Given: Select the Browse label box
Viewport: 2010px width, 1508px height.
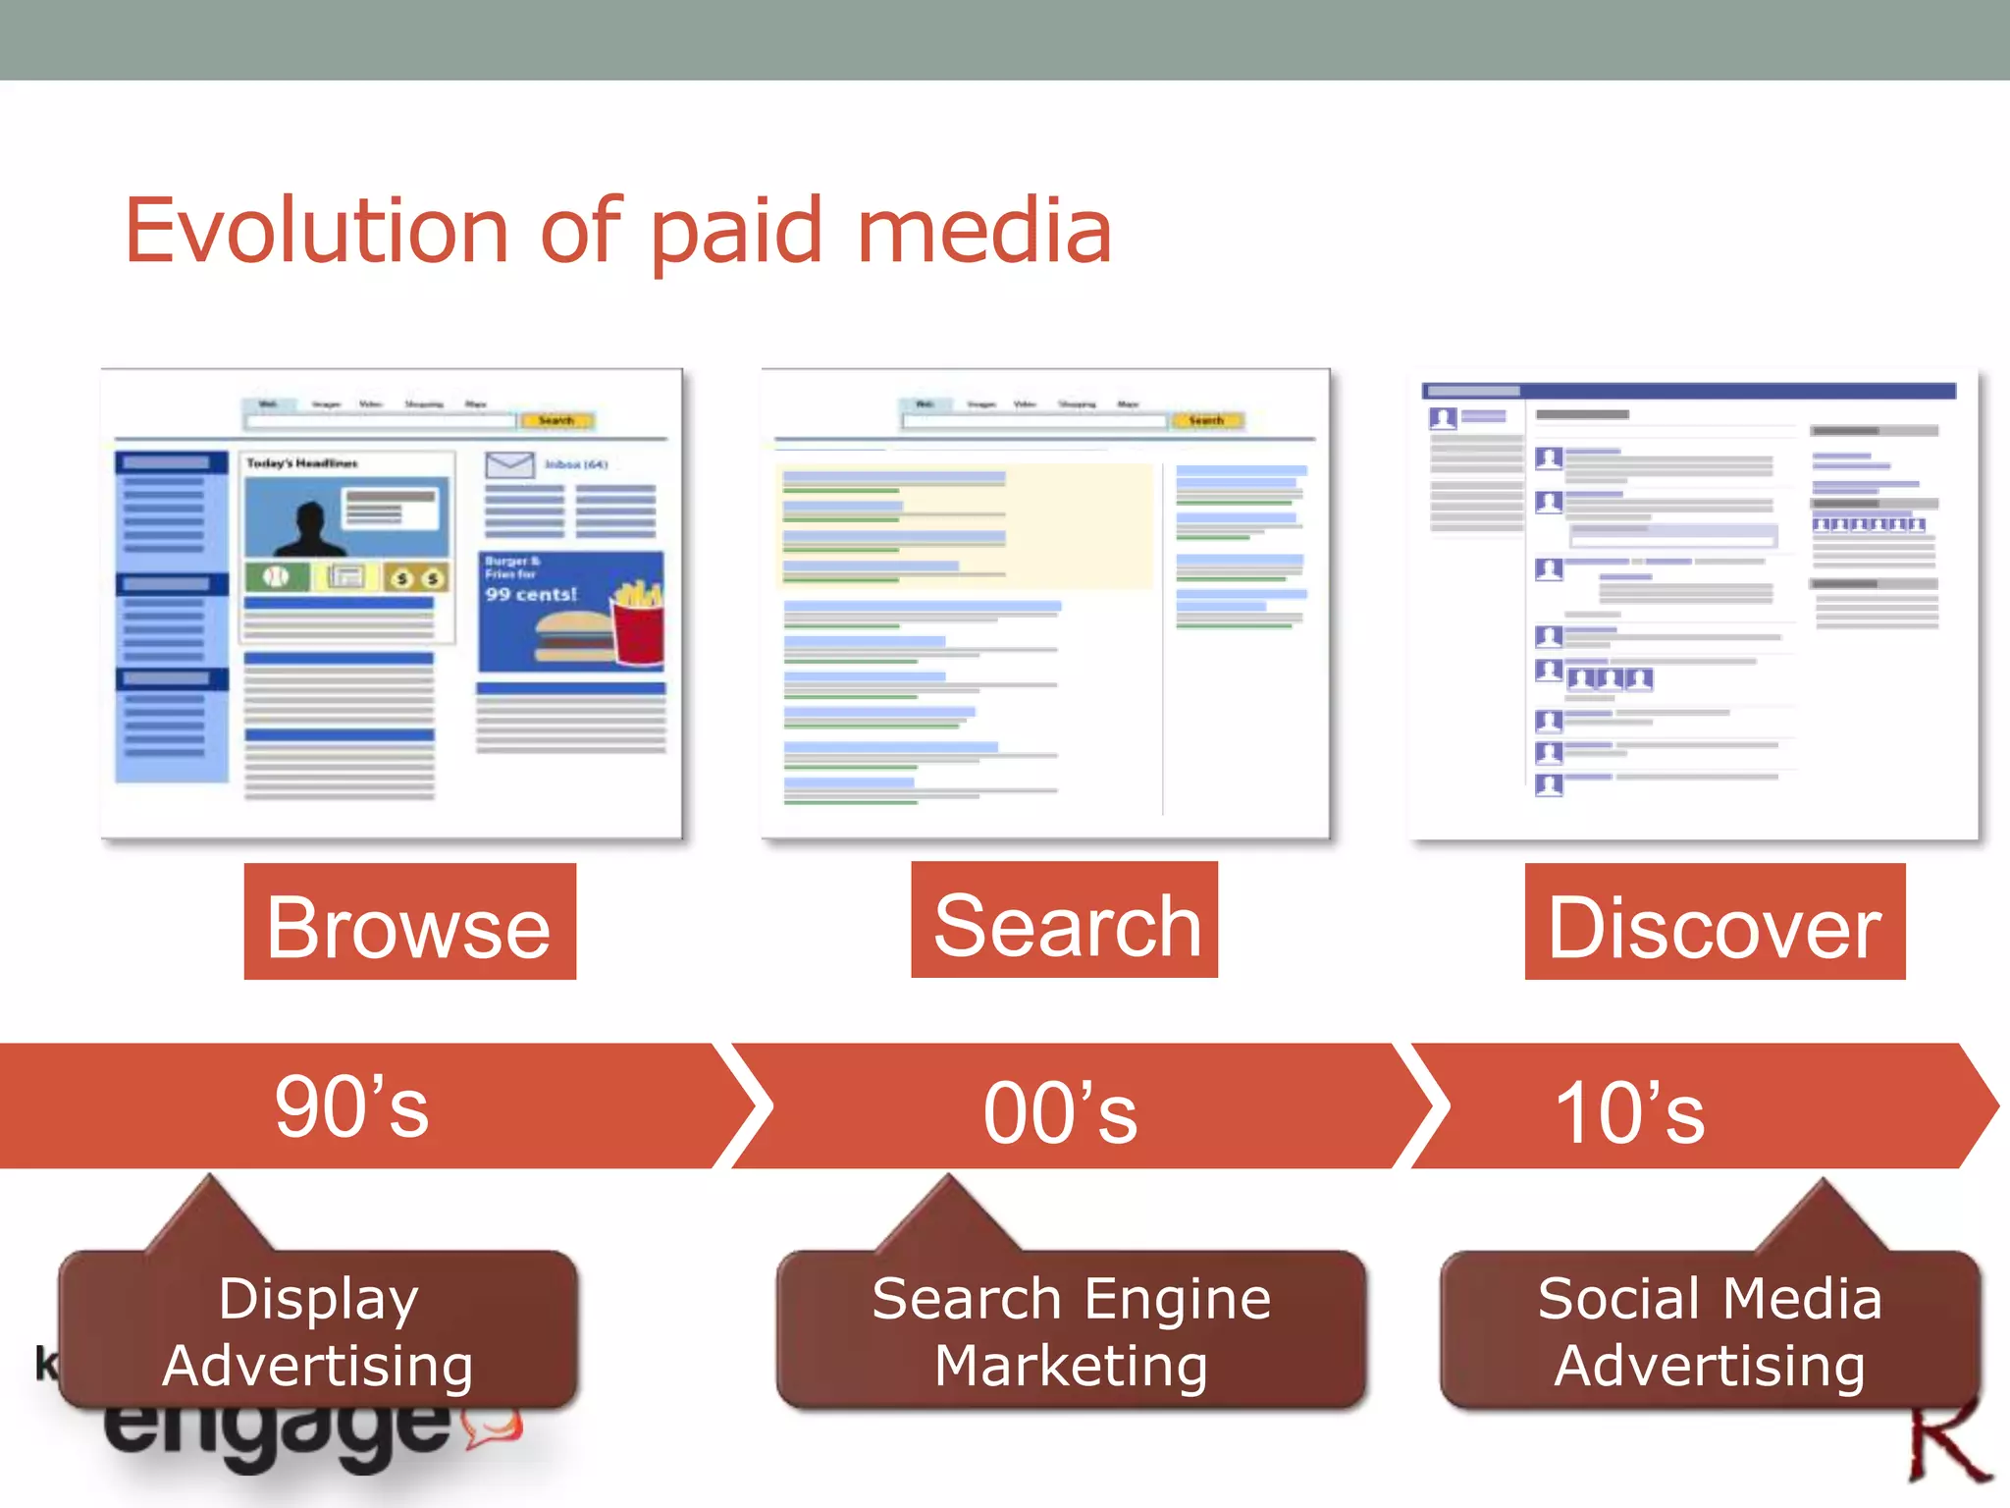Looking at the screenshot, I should [409, 922].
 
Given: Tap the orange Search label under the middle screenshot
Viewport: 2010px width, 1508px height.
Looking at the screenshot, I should [1065, 921].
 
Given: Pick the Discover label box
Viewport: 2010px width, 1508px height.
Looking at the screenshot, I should [1715, 922].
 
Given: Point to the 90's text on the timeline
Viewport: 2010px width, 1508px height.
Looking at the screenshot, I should [351, 1107].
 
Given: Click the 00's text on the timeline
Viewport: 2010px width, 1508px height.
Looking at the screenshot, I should [1060, 1112].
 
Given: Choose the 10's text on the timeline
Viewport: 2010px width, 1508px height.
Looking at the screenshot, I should [1630, 1112].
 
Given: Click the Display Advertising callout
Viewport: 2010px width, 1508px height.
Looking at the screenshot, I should [318, 1330].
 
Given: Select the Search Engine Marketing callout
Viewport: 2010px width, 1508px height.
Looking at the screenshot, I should [1071, 1330].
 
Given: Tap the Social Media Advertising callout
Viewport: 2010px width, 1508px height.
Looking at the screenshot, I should [1710, 1330].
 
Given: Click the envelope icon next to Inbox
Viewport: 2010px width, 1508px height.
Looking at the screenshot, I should [509, 464].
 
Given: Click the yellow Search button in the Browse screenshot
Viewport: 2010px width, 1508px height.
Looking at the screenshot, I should [555, 420].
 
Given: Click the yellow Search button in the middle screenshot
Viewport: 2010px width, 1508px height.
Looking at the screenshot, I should [1206, 420].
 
